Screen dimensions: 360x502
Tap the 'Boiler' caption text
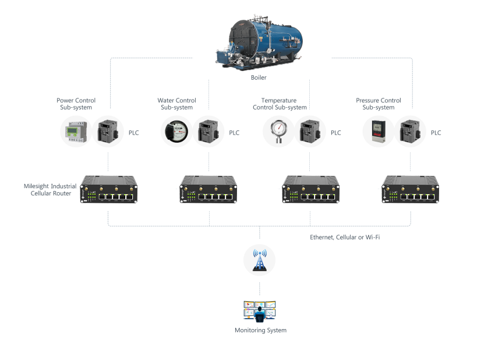click(x=259, y=77)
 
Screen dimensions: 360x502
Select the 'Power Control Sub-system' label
click(x=76, y=104)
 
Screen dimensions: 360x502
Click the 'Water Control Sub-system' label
click(x=176, y=104)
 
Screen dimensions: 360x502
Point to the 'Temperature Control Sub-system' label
click(x=280, y=104)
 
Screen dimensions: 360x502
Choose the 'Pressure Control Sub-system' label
click(x=378, y=104)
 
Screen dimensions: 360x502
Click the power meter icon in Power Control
click(x=76, y=132)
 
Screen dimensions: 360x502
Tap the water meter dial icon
click(x=176, y=132)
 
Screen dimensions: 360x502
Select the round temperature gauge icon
click(x=278, y=132)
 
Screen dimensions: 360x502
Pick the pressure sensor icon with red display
click(x=378, y=132)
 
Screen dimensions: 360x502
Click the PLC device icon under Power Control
click(x=108, y=132)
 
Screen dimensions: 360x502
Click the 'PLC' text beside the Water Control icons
click(x=234, y=133)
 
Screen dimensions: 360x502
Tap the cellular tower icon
click(x=260, y=260)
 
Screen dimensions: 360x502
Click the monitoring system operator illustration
click(x=260, y=311)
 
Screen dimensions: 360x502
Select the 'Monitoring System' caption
click(x=260, y=330)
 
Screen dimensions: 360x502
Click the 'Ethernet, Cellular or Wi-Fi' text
click(x=345, y=237)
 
